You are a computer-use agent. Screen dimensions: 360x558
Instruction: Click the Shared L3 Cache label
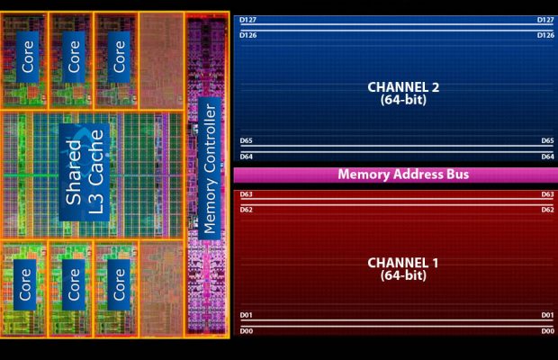coord(85,172)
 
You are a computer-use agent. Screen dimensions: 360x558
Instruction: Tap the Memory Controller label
coord(209,169)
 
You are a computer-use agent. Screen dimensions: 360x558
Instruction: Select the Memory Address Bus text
coord(403,175)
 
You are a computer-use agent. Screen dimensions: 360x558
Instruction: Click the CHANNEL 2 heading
coord(403,87)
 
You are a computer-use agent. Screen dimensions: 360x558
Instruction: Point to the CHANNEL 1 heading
coord(403,263)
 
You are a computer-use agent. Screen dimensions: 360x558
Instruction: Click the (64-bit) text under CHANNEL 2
coord(403,100)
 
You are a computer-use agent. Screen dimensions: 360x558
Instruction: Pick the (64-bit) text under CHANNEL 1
coord(403,275)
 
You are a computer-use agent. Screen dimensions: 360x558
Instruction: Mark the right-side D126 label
coord(545,35)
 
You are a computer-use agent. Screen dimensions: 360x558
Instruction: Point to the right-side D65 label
coord(547,141)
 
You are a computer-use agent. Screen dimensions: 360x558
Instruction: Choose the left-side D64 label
coord(246,157)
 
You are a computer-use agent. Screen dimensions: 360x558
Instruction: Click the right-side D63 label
coord(547,194)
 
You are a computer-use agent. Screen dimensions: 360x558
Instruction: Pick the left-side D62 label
coord(246,210)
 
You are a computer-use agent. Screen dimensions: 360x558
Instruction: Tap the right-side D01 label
coord(547,315)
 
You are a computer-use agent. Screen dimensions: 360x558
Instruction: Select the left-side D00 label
coord(246,331)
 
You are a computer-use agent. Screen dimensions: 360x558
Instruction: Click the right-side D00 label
coord(547,331)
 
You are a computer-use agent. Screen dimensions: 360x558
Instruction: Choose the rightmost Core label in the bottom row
coord(117,283)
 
